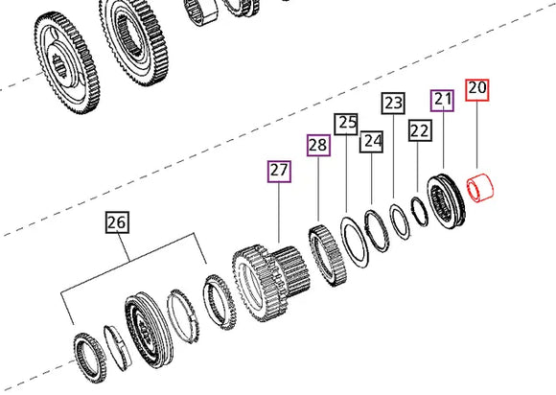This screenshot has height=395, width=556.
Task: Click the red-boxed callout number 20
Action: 477,90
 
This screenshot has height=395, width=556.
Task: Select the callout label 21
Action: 442,99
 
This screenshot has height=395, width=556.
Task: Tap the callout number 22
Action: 419,130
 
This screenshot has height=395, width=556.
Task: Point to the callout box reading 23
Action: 393,103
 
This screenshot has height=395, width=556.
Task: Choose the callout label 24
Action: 372,142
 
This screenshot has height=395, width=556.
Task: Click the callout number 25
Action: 345,123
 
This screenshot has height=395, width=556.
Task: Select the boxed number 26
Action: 116,223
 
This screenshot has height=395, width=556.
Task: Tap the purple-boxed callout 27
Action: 278,172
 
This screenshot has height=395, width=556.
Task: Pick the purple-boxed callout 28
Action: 318,146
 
